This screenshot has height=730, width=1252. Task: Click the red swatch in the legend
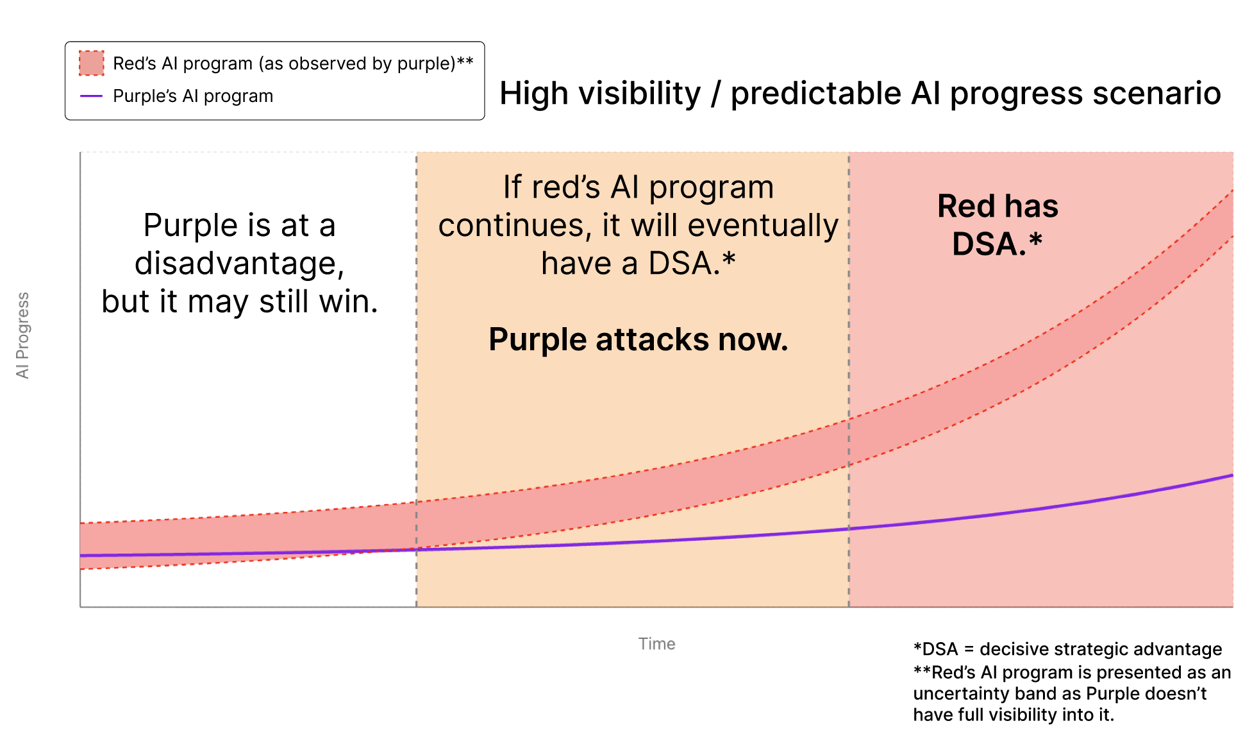pyautogui.click(x=91, y=64)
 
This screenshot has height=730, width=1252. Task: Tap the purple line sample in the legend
pyautogui.click(x=91, y=96)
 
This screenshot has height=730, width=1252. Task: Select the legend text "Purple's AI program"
pyautogui.click(x=193, y=96)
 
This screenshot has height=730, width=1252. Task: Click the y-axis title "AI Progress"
pyautogui.click(x=23, y=335)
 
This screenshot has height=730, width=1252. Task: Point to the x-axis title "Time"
pyautogui.click(x=656, y=644)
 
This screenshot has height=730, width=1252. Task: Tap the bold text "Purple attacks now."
pyautogui.click(x=638, y=339)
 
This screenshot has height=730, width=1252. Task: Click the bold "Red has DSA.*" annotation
pyautogui.click(x=997, y=225)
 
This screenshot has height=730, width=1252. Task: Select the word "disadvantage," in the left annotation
pyautogui.click(x=239, y=264)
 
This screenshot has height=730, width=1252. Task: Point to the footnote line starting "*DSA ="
pyautogui.click(x=1067, y=649)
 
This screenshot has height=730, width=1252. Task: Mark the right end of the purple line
pyautogui.click(x=1231, y=475)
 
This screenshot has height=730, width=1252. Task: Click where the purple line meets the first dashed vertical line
pyautogui.click(x=417, y=550)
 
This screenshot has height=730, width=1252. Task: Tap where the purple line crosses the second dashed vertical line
pyautogui.click(x=849, y=529)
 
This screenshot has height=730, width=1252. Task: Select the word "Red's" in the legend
pyautogui.click(x=134, y=64)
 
